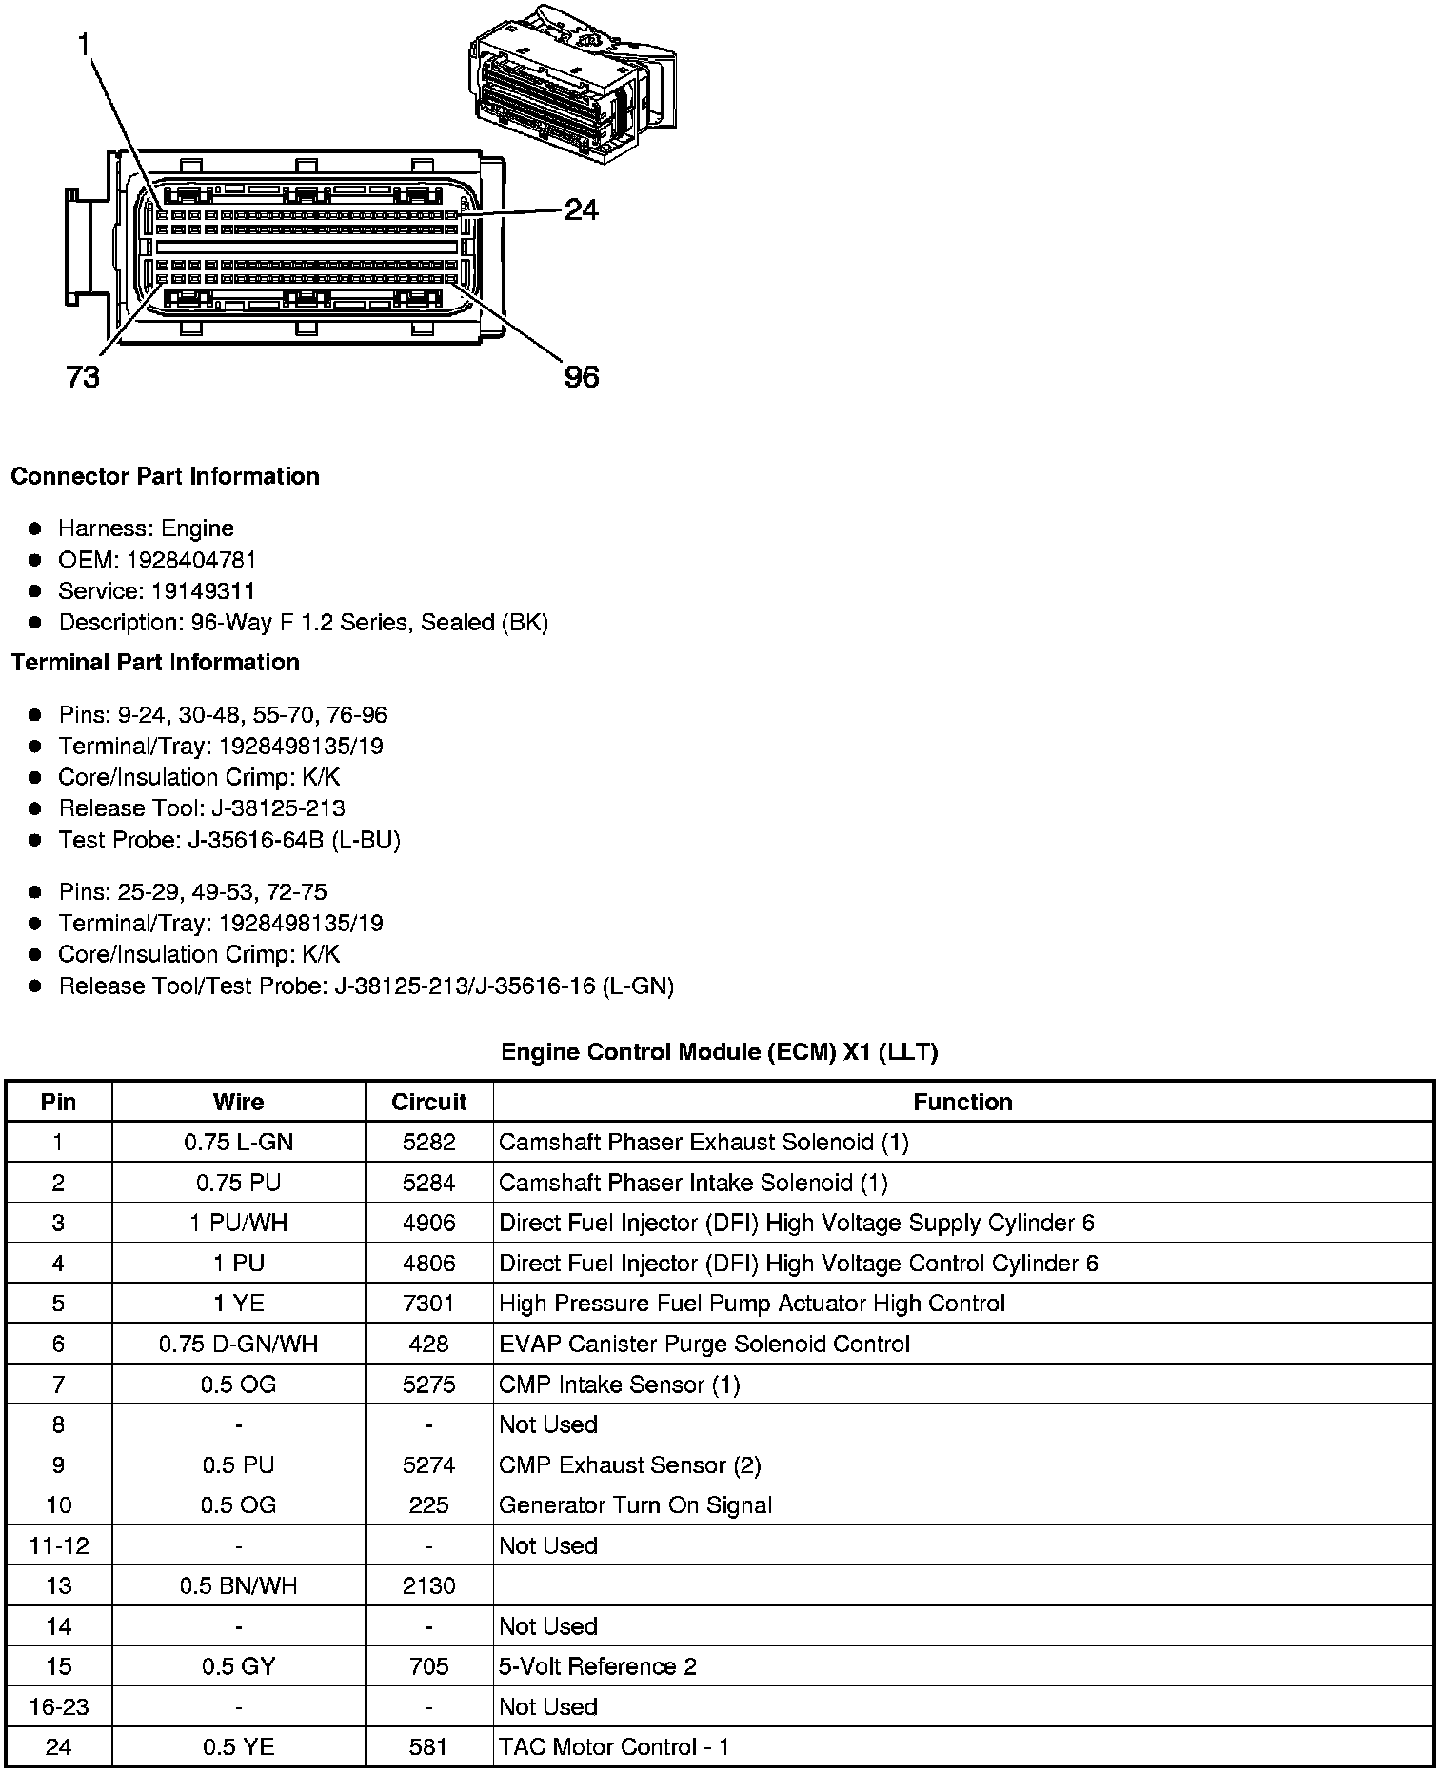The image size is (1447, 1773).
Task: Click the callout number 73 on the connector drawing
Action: pos(83,377)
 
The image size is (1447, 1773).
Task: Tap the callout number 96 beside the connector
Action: pos(582,377)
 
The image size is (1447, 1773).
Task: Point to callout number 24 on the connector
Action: pos(581,209)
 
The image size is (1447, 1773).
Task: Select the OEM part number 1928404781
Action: pos(191,560)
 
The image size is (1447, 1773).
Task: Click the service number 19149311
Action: pos(203,591)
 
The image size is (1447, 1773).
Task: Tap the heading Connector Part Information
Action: pos(165,476)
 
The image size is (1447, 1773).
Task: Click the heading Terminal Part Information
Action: pos(155,662)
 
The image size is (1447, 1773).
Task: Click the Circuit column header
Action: pos(428,1102)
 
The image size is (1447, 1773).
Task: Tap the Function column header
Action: pos(962,1102)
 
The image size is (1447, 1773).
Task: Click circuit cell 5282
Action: pos(428,1142)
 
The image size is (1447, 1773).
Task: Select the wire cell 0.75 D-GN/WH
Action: pos(238,1344)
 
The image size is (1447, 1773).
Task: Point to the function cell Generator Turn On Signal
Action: pos(635,1505)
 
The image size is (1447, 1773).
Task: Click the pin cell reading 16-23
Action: pos(59,1706)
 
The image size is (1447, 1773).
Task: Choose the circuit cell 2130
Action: pos(428,1585)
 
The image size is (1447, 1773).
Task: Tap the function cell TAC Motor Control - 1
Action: pos(614,1747)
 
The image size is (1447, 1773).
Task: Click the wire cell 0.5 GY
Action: pos(238,1666)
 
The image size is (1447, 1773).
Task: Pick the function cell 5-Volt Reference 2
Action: pos(598,1666)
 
